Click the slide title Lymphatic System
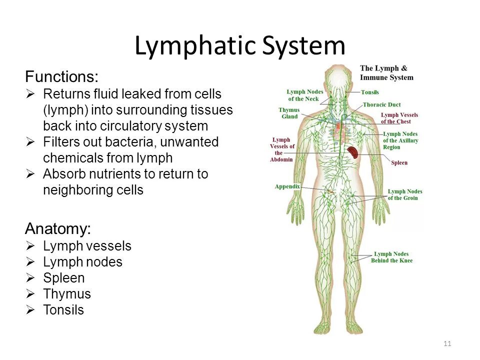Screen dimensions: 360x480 (240, 46)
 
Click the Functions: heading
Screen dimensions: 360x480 (62, 77)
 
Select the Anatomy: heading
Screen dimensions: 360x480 (58, 229)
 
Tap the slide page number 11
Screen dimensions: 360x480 (447, 343)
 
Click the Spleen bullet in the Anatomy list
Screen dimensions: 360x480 (64, 278)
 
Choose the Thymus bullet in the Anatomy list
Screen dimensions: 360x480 (67, 294)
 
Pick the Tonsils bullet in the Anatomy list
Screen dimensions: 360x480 (63, 310)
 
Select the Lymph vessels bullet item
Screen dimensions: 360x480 (87, 246)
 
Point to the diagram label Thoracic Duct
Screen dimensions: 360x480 (381, 104)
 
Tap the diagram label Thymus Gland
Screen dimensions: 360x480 (289, 113)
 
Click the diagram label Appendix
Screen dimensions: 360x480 (287, 186)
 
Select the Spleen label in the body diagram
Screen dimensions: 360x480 (399, 162)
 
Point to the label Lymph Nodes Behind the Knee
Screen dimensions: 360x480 (391, 257)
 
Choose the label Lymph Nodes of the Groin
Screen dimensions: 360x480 (404, 194)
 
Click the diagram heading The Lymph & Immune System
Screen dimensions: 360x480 (386, 73)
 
